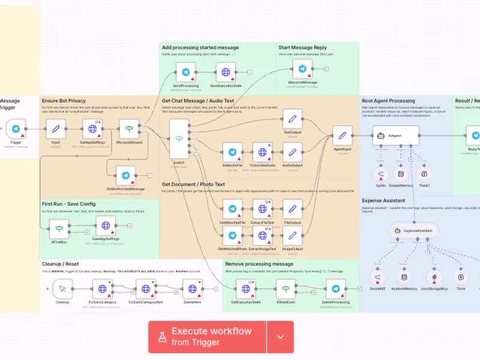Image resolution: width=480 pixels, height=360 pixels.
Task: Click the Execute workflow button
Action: click(207, 337)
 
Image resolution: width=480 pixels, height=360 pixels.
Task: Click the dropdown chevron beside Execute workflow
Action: click(280, 337)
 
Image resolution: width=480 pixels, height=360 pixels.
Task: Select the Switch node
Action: click(179, 140)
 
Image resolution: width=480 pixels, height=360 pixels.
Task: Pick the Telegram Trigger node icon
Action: click(16, 128)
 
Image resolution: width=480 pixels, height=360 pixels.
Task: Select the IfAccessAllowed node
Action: click(129, 128)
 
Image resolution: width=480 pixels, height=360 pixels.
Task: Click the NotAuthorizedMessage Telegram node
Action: click(125, 175)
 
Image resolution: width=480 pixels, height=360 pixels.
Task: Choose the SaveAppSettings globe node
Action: click(105, 226)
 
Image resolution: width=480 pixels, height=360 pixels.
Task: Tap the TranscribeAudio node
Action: click(262, 152)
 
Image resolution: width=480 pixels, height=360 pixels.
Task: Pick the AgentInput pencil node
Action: click(343, 136)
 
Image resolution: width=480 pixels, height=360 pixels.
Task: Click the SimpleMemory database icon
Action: click(401, 174)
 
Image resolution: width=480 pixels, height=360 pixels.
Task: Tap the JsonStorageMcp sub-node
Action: click(436, 277)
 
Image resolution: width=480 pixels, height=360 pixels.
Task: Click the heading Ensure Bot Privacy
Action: click(64, 101)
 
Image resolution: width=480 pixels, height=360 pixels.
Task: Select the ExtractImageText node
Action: click(262, 236)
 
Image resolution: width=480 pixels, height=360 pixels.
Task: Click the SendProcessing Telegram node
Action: click(185, 73)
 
